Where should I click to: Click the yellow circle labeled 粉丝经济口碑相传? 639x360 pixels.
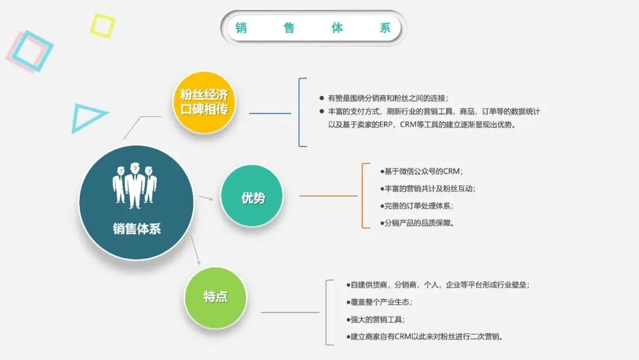click(x=204, y=102)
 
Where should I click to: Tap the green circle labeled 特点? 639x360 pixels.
click(x=215, y=297)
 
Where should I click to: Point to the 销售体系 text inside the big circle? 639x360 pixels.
click(x=137, y=229)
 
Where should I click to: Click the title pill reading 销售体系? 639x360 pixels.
click(x=313, y=28)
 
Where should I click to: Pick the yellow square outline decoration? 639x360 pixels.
click(x=102, y=25)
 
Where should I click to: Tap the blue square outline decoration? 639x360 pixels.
click(x=33, y=50)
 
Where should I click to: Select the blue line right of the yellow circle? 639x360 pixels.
click(x=270, y=113)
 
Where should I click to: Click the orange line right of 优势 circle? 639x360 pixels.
click(x=328, y=196)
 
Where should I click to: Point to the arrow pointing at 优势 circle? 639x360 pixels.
click(x=206, y=198)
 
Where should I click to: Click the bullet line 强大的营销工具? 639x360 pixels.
click(x=376, y=319)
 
